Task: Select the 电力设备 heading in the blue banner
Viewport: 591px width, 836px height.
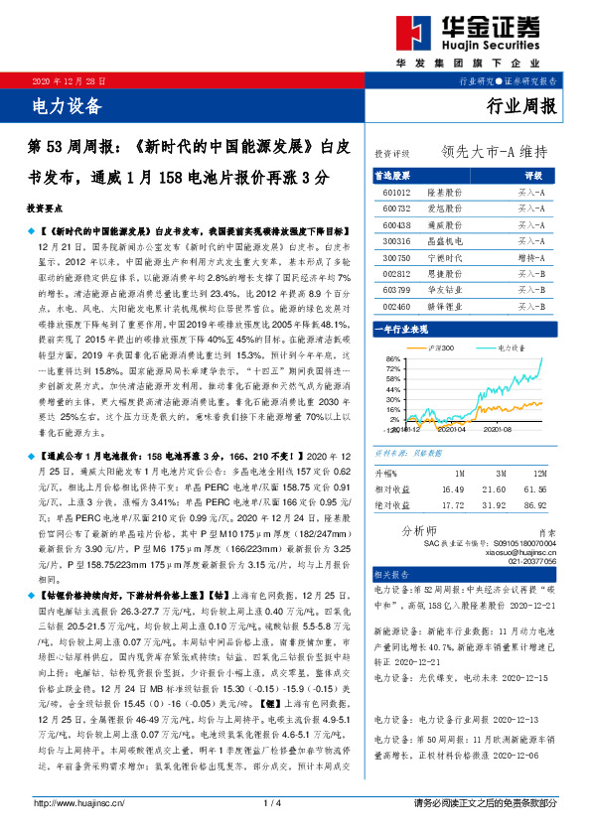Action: point(68,103)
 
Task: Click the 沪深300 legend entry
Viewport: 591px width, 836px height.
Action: point(443,348)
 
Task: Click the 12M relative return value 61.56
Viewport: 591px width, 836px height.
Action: point(535,488)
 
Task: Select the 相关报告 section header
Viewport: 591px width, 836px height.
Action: point(393,574)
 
